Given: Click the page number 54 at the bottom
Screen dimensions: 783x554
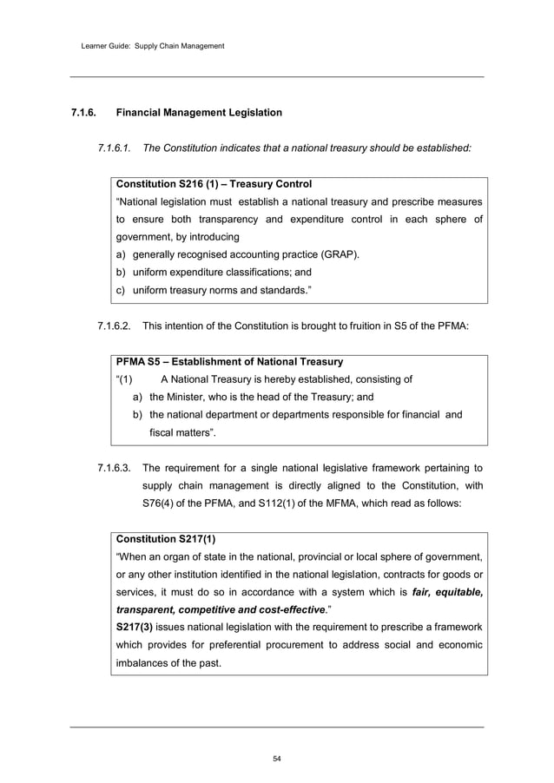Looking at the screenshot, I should [277, 760].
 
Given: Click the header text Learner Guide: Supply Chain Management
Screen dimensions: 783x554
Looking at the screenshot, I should [147, 45].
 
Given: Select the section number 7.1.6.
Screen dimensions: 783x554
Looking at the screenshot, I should [85, 113].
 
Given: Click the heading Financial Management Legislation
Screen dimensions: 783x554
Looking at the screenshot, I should [199, 113].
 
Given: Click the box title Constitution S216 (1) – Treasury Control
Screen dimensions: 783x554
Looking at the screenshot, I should [214, 185].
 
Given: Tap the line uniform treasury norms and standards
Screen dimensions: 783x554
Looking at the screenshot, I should [217, 289].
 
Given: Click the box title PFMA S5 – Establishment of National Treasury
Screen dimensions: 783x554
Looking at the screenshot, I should [229, 361].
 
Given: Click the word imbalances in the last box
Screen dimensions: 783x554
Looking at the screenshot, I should [148, 663].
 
